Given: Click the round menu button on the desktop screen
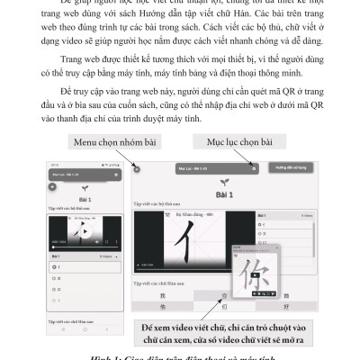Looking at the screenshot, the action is click(136, 168).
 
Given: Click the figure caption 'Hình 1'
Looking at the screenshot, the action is click(180, 355).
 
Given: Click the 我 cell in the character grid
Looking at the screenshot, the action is click(162, 294).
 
